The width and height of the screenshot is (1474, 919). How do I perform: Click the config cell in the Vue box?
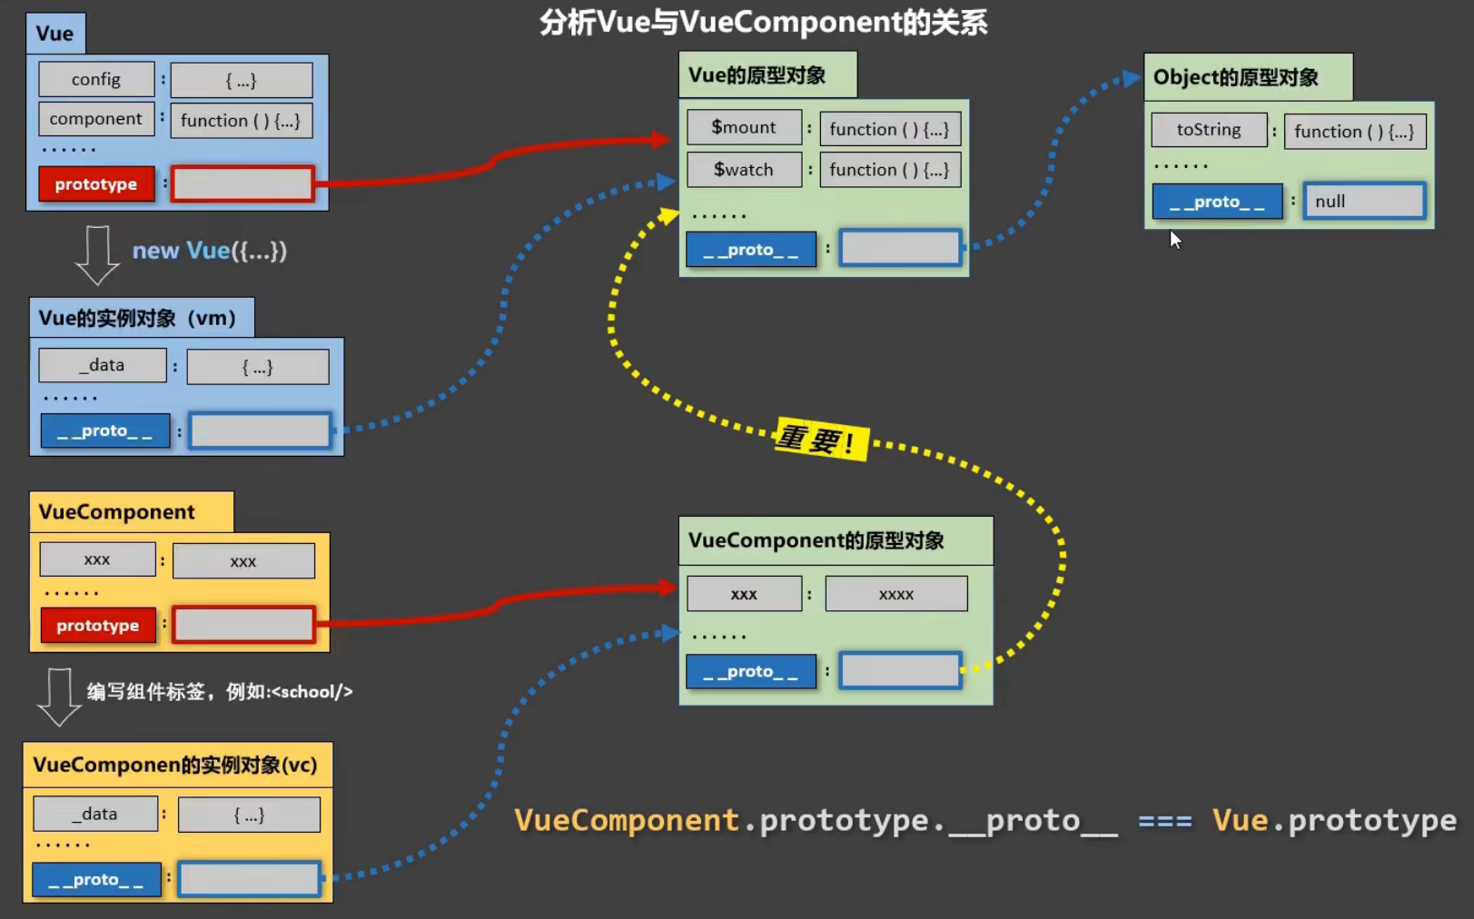(96, 80)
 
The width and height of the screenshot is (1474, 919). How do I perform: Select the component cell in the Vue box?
(96, 119)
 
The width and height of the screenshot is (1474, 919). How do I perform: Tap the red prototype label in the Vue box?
(96, 184)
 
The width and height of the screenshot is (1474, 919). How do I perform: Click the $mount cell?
(744, 128)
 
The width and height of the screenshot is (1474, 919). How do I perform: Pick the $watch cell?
(744, 170)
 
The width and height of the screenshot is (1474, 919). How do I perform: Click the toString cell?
(1209, 130)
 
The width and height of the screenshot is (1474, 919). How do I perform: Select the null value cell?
(1365, 202)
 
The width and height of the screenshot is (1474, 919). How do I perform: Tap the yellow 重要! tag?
(821, 439)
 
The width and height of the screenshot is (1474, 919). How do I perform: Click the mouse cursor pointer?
(1175, 240)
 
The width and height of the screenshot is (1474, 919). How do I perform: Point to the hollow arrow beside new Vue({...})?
(97, 255)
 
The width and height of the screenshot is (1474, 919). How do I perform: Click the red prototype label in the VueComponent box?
(98, 625)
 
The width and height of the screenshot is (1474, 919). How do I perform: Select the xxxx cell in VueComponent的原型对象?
(896, 594)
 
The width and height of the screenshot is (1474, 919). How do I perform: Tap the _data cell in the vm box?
(103, 365)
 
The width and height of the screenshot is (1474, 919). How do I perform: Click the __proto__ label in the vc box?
(97, 880)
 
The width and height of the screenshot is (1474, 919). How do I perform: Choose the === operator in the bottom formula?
(1164, 821)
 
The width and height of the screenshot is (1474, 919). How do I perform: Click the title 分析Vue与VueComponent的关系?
(763, 23)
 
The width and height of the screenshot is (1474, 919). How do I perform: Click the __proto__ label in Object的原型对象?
(1217, 202)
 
